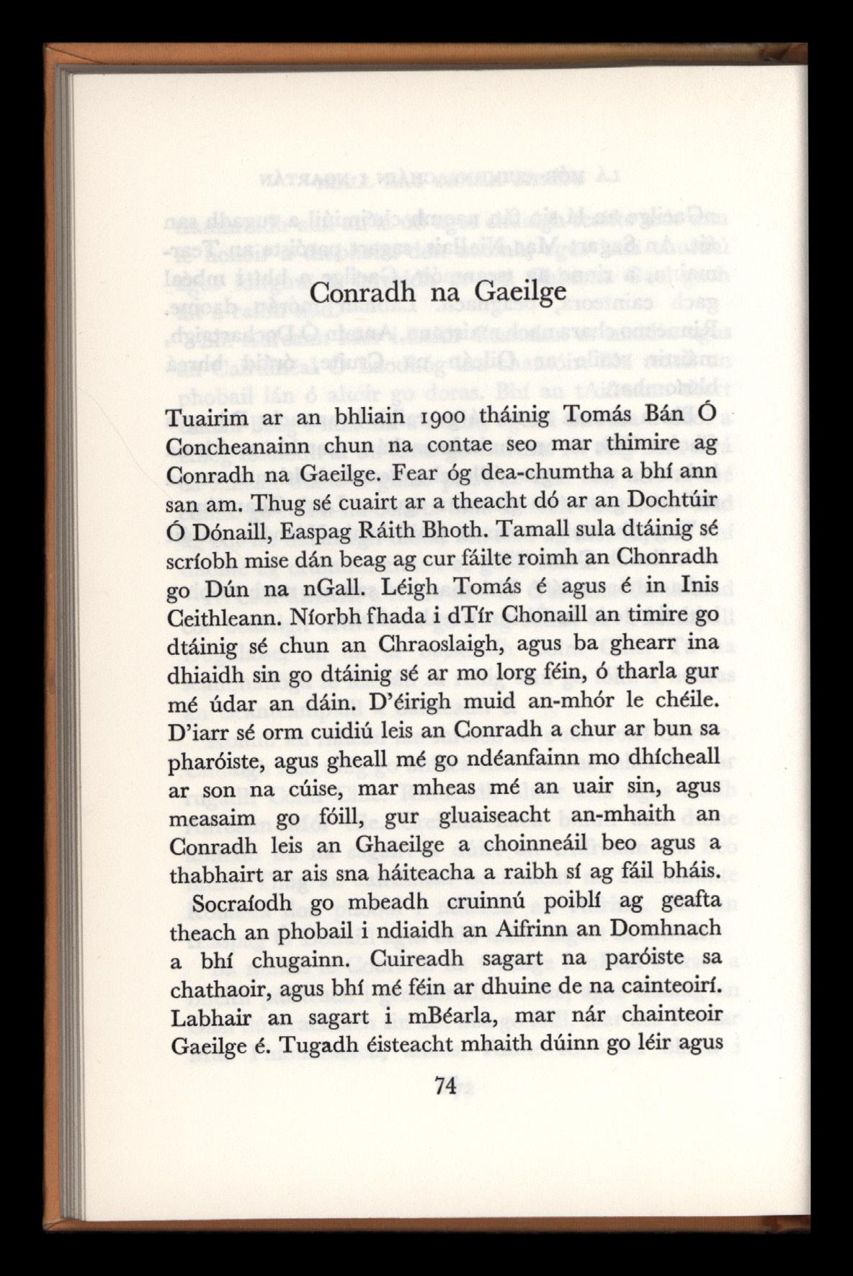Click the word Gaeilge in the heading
pos(520,295)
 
